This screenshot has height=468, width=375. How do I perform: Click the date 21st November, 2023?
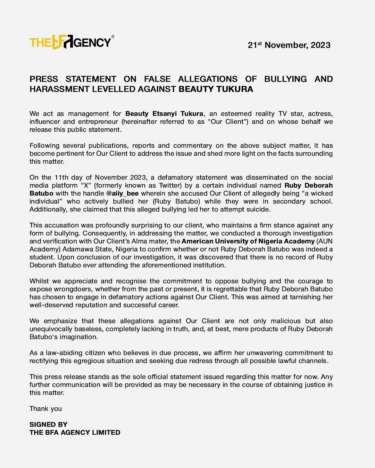[289, 45]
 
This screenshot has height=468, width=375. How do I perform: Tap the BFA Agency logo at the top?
[71, 42]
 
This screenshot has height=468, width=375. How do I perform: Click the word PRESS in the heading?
[43, 79]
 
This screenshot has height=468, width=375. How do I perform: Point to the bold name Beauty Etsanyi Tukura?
[164, 114]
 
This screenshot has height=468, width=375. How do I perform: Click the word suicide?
[257, 209]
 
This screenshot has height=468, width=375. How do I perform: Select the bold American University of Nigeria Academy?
[248, 241]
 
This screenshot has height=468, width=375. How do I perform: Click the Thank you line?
[45, 409]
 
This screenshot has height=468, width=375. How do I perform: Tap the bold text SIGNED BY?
[48, 425]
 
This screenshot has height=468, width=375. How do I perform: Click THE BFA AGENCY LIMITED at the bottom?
[75, 433]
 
